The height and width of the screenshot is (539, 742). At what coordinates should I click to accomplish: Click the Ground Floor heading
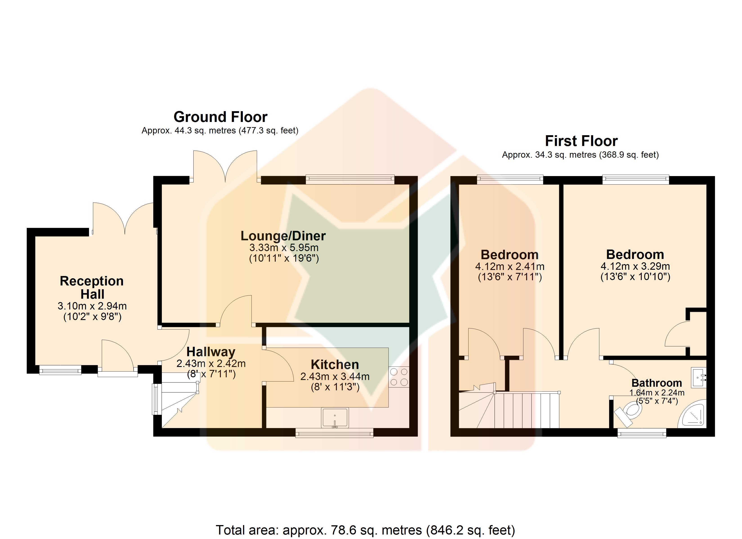(x=221, y=117)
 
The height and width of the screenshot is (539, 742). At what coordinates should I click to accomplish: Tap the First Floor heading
(x=581, y=141)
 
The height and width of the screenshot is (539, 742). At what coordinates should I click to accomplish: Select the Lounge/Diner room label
(x=283, y=236)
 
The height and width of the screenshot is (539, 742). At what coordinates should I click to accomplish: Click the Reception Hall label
(x=92, y=287)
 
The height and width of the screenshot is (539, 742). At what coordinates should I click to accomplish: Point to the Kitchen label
(x=335, y=364)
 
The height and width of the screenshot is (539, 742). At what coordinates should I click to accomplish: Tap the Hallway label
(x=211, y=352)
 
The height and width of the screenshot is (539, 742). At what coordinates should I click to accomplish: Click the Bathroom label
(x=657, y=383)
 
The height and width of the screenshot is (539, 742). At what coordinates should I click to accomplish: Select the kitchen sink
(x=335, y=418)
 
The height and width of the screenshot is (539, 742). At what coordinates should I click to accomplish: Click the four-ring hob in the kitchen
(x=399, y=377)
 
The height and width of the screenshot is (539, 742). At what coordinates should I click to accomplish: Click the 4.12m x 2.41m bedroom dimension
(x=510, y=266)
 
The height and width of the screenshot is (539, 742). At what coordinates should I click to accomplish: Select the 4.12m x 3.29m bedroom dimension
(x=635, y=266)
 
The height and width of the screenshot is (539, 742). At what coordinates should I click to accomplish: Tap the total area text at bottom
(x=365, y=530)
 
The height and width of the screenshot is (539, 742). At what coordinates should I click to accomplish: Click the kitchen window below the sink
(x=334, y=433)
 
